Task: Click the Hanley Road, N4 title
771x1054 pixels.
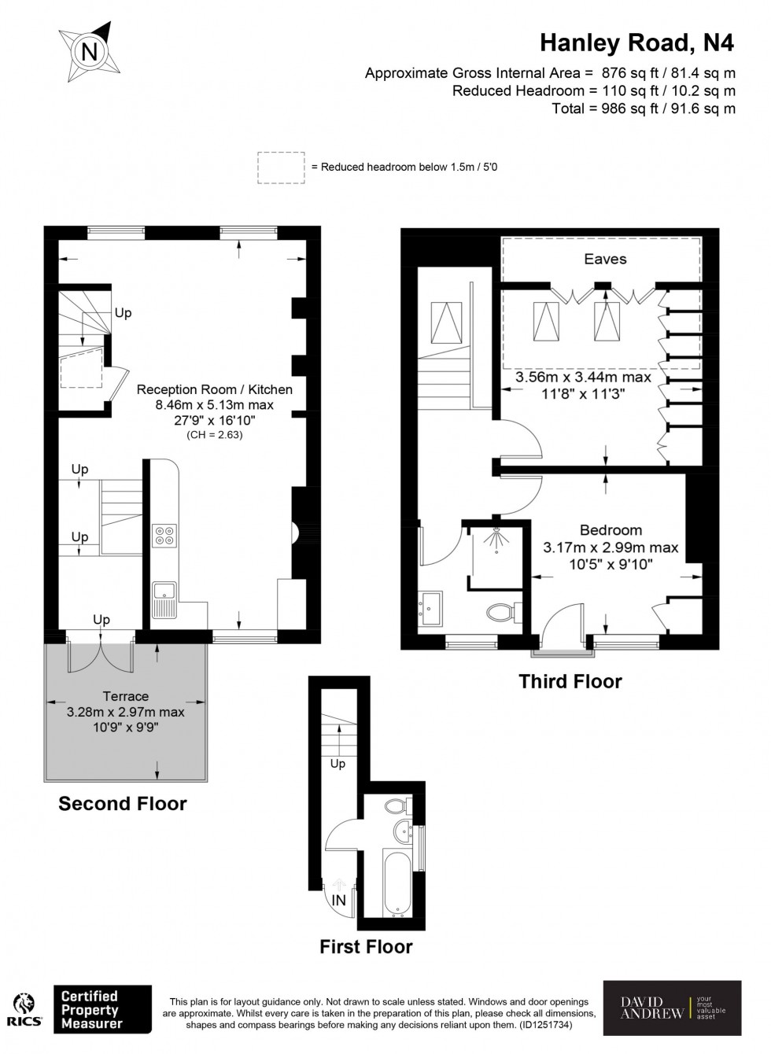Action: [636, 43]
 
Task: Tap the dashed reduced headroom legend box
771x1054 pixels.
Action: [281, 168]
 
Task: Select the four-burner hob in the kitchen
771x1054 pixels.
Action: [165, 536]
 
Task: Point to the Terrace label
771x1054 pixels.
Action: [126, 696]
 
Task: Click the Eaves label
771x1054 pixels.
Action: [605, 259]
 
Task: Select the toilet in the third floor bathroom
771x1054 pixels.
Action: [501, 611]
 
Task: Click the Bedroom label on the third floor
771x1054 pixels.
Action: [611, 530]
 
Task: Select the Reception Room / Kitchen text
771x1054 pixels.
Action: [214, 389]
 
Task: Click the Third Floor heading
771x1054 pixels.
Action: [570, 681]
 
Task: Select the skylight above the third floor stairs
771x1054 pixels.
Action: [445, 321]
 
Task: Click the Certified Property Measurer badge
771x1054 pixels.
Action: [101, 1009]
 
